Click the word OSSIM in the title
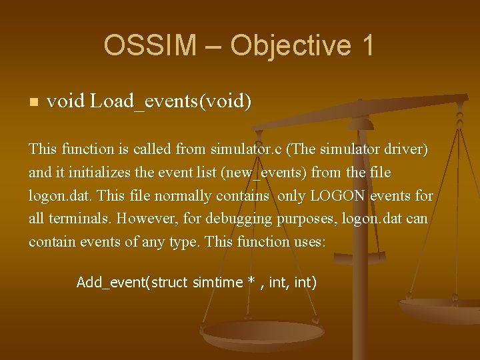point(150,45)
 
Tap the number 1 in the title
point(366,45)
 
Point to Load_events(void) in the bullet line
point(171,102)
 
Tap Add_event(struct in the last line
point(133,283)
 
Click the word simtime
point(217,283)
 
